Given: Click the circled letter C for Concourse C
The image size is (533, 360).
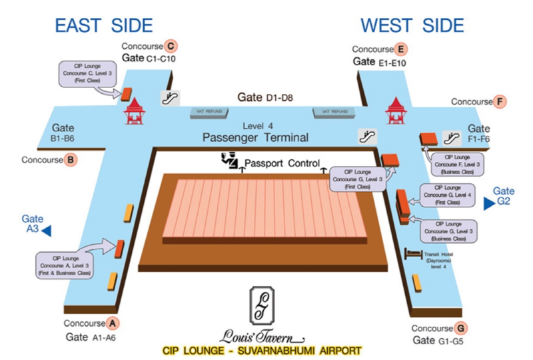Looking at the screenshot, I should (x=171, y=47).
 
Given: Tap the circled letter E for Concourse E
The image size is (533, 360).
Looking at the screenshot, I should (x=400, y=49).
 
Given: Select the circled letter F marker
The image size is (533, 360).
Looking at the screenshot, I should (x=500, y=102).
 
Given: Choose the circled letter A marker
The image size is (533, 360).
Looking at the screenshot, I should (x=113, y=323).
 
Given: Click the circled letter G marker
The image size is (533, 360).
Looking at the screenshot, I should (x=460, y=328).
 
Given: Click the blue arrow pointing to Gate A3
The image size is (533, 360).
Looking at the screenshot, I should (x=48, y=231).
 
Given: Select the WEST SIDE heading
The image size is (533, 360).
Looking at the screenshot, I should (x=412, y=25).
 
